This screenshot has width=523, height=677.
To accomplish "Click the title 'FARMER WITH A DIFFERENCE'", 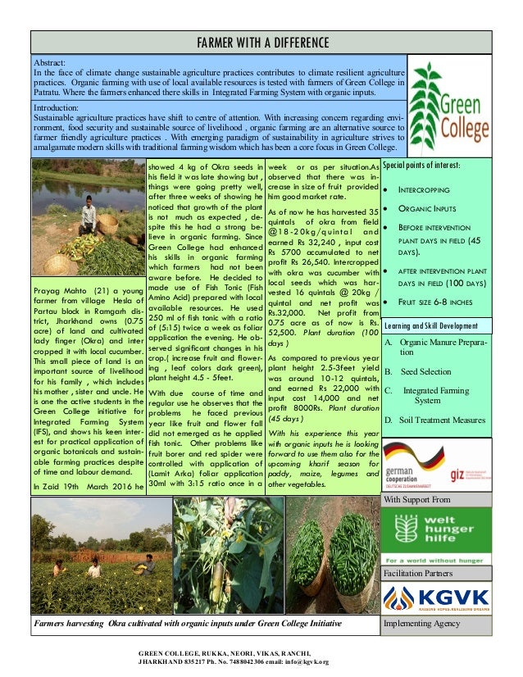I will [x=261, y=42].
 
